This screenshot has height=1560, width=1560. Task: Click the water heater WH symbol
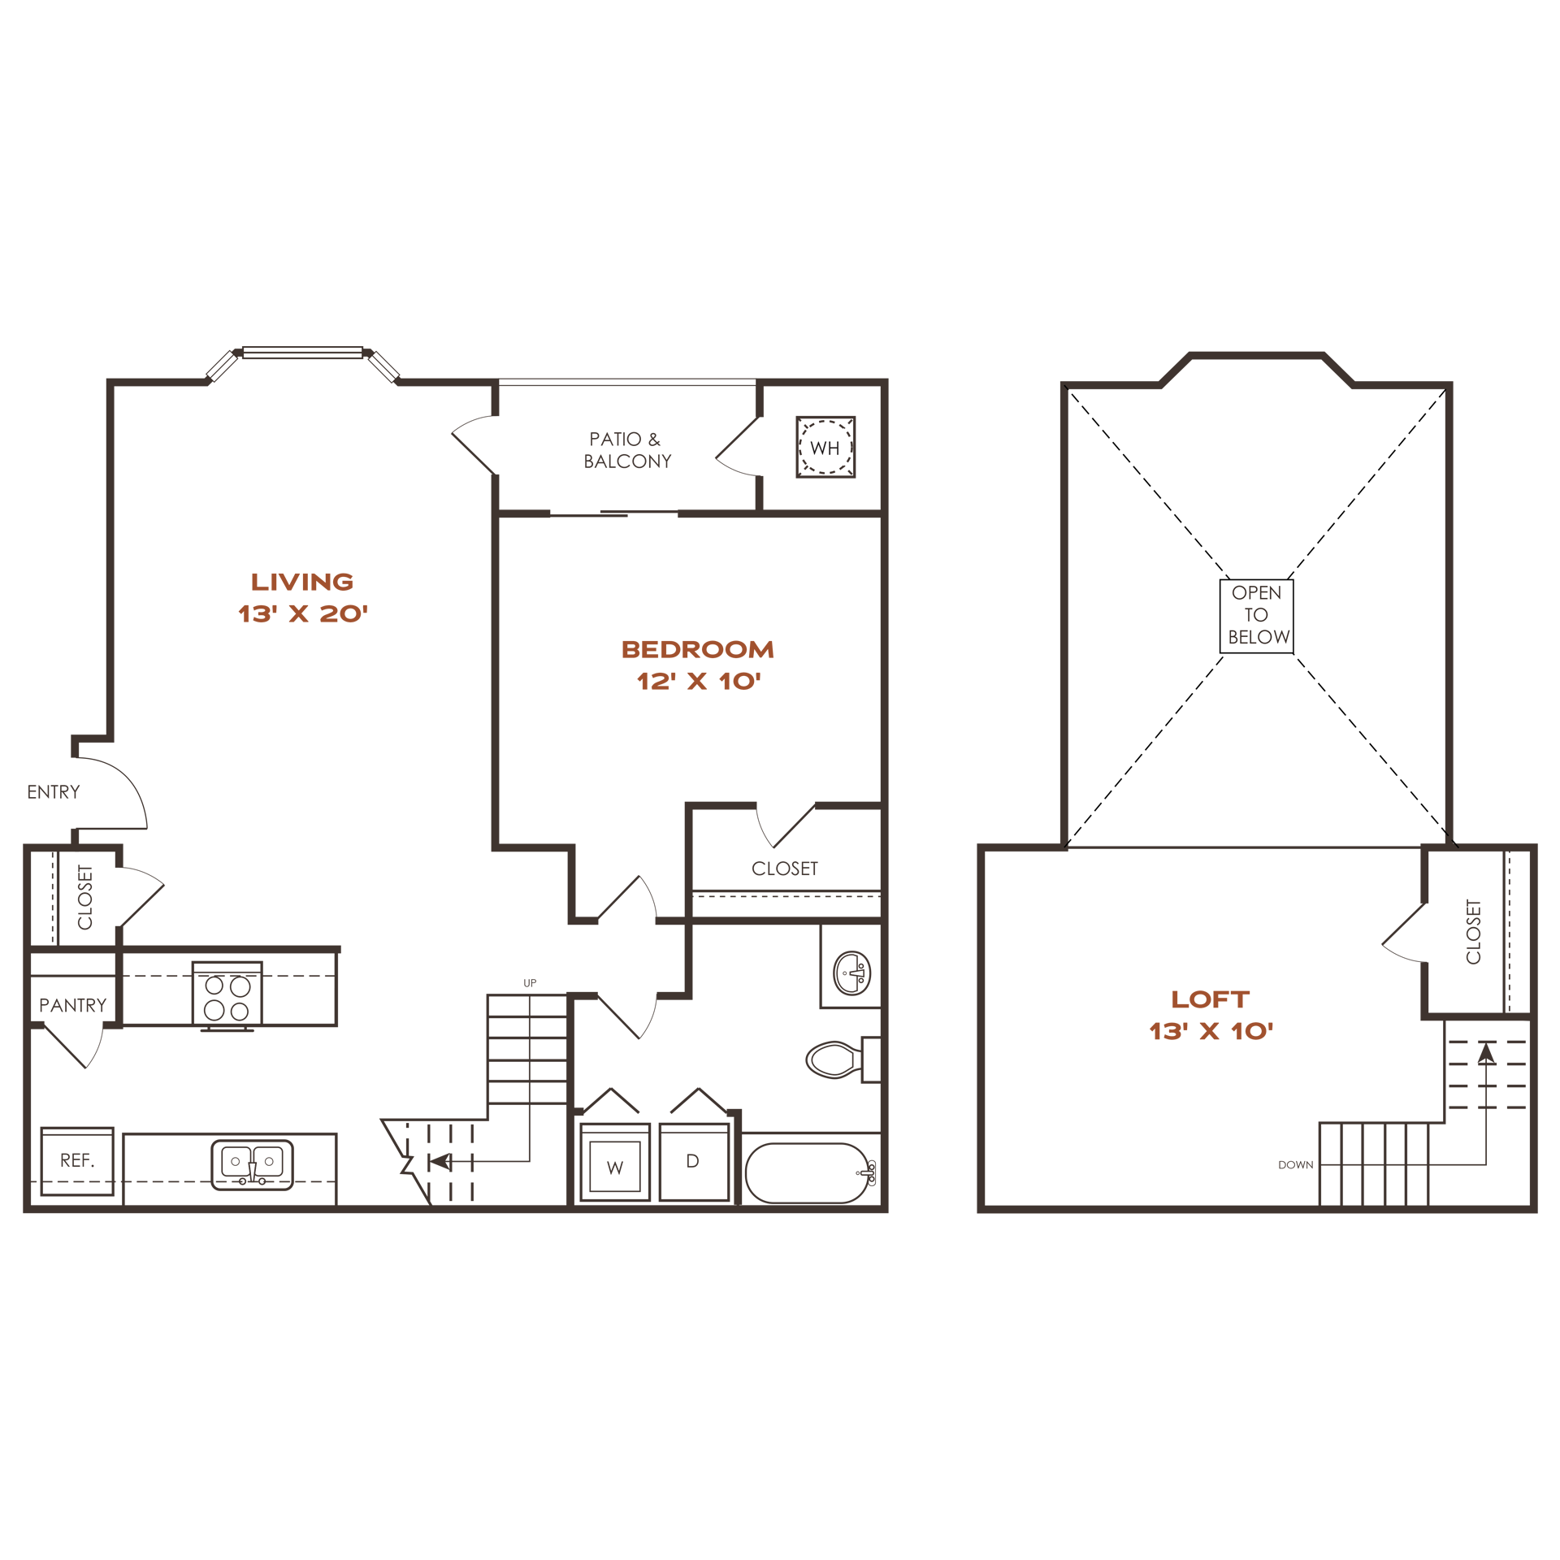[825, 447]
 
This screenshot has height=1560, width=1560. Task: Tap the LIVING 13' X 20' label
[302, 597]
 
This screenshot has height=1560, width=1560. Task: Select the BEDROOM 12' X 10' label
[698, 665]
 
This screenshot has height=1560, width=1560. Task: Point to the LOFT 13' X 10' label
[1211, 1015]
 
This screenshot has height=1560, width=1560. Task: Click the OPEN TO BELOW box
[1256, 615]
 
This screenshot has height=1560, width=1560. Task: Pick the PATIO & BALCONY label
[627, 450]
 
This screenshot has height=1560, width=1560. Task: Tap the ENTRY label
[54, 792]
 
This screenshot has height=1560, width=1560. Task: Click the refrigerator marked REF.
[77, 1161]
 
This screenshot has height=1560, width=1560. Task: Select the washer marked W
[615, 1162]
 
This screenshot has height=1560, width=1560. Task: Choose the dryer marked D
[694, 1162]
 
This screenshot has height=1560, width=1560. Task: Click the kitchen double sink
[252, 1165]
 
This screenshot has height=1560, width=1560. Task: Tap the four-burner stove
[227, 996]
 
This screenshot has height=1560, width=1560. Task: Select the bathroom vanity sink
[852, 973]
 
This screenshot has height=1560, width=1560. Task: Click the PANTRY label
[73, 1006]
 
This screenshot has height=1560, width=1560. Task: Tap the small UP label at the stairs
[530, 983]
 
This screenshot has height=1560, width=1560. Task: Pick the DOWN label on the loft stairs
[1296, 1165]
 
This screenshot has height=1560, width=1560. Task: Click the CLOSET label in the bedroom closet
[785, 869]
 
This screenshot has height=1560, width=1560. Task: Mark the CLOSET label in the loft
[1474, 931]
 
